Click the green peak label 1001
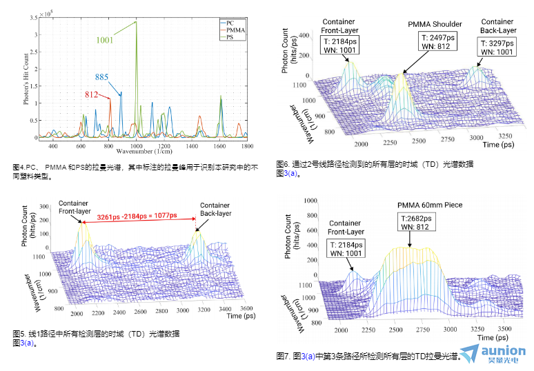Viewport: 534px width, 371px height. click(105, 41)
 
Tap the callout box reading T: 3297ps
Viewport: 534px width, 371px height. click(497, 46)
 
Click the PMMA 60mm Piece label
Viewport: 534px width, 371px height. click(429, 205)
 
